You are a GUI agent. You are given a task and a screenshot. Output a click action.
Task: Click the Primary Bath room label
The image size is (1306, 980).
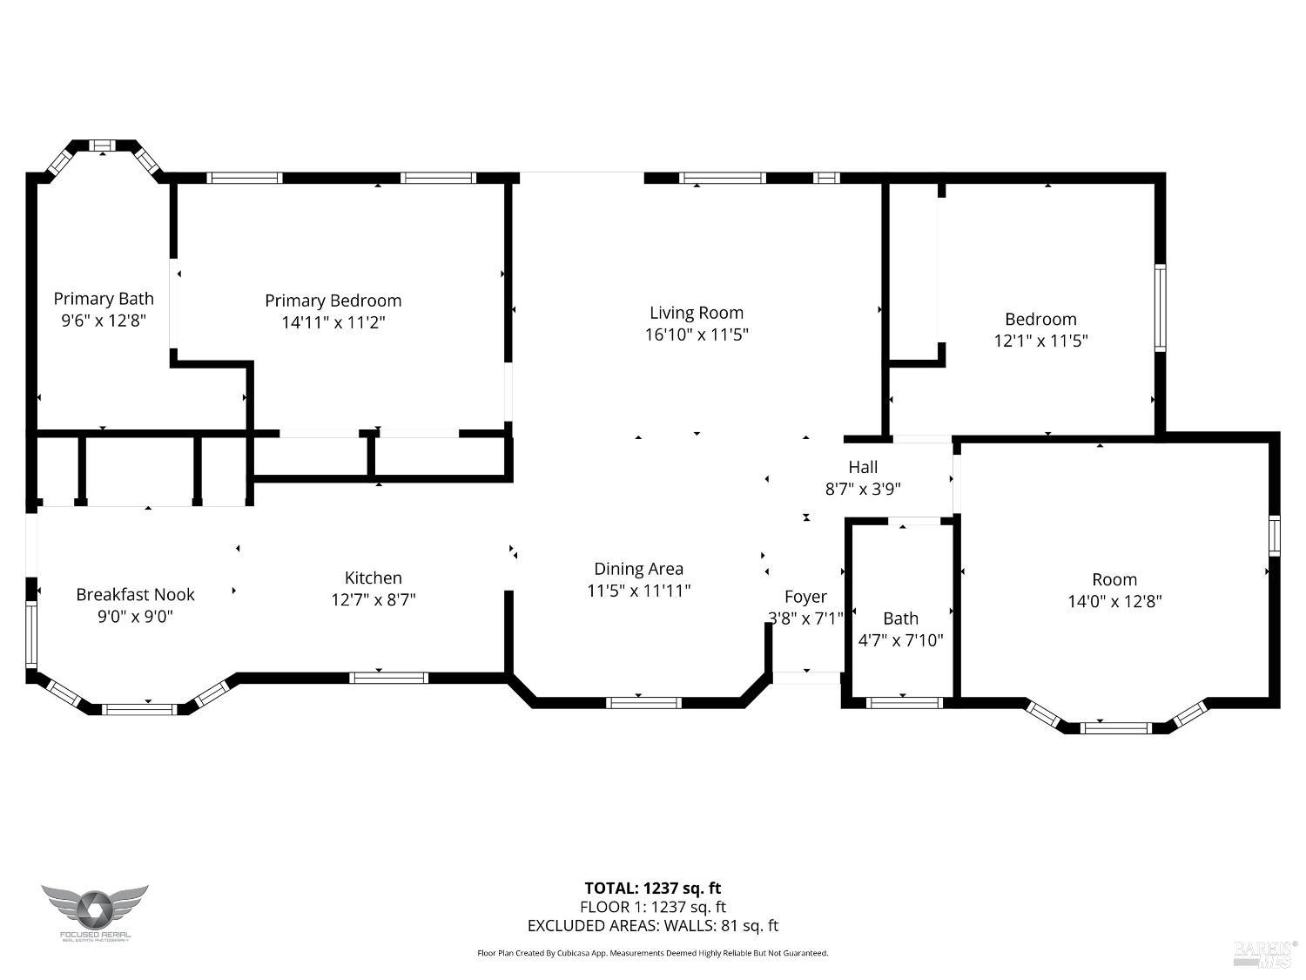tap(104, 299)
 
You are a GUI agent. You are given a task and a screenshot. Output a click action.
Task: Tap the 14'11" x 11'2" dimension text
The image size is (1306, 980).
tap(333, 322)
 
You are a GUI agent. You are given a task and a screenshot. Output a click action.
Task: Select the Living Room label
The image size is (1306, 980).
tap(697, 313)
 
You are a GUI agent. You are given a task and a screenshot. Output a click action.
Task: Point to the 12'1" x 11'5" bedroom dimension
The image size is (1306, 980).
tap(1040, 341)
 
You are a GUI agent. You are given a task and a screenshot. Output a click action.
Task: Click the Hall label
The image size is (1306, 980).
tap(863, 467)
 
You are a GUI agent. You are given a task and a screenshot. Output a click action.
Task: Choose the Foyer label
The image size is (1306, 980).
tap(805, 597)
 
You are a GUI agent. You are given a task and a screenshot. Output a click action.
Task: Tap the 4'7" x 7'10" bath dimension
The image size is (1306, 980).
tap(900, 640)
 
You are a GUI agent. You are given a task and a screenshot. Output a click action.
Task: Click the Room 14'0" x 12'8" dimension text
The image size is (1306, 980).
tap(1114, 601)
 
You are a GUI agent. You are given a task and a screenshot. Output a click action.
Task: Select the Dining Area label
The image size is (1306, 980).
tap(638, 569)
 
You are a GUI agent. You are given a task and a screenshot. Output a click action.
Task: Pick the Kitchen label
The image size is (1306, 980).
tap(374, 578)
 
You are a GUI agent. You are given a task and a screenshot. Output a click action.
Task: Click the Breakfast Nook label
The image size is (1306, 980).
tap(135, 594)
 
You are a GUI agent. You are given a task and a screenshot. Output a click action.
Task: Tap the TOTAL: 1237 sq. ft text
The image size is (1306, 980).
tap(652, 888)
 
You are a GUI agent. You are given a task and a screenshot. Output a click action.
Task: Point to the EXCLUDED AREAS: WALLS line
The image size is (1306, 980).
tap(652, 926)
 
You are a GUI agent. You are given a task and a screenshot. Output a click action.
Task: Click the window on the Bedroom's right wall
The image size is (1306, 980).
tap(1160, 308)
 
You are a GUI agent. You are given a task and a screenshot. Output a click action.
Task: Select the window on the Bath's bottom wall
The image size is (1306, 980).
tap(904, 703)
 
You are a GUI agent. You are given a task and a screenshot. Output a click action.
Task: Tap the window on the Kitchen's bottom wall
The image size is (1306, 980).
tap(388, 678)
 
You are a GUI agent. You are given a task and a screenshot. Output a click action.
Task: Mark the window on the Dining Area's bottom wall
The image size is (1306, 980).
tap(643, 703)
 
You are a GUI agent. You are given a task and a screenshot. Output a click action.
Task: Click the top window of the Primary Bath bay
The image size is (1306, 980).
tap(103, 145)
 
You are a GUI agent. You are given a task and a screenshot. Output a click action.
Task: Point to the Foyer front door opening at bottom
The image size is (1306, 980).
tap(806, 678)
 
